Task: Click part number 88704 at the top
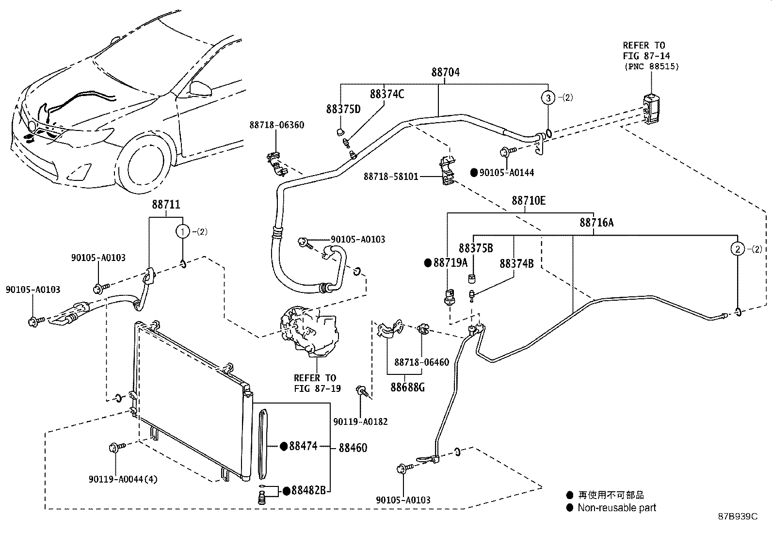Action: [x=445, y=72]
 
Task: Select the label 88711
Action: [x=166, y=205]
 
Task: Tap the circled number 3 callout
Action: [x=548, y=97]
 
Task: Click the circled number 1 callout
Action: [x=183, y=232]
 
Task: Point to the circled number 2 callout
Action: [x=737, y=249]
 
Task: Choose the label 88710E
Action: [x=529, y=200]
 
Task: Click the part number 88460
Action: [x=353, y=448]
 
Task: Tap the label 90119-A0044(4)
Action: [x=123, y=479]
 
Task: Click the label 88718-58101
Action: [x=391, y=177]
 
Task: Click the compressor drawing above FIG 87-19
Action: [x=310, y=333]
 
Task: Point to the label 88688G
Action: [x=408, y=387]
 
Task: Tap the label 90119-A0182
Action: [x=360, y=421]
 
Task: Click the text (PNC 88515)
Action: [x=650, y=66]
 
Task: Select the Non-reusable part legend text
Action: [x=616, y=508]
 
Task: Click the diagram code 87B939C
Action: [x=738, y=517]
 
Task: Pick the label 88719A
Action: [x=450, y=263]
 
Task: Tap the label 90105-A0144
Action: [x=507, y=172]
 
